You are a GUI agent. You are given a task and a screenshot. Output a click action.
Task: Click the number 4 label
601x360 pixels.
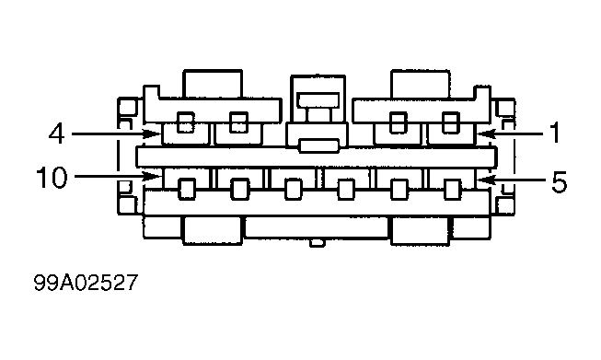[x=56, y=134]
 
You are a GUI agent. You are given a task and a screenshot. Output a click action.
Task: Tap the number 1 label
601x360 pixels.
[x=555, y=133]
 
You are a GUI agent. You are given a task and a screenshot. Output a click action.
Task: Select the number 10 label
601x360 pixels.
[x=52, y=177]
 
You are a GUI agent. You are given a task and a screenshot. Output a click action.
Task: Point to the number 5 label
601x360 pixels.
[x=559, y=181]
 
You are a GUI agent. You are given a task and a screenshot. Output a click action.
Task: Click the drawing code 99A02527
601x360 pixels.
[x=86, y=283]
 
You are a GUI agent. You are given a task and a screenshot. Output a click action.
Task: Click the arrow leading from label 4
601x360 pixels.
[x=117, y=134]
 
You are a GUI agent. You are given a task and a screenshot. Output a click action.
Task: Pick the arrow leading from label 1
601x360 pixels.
[x=509, y=134]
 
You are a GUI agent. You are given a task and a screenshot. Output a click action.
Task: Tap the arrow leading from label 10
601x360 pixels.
[x=118, y=177]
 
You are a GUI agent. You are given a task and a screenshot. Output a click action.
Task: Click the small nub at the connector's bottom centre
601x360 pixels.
[x=318, y=243]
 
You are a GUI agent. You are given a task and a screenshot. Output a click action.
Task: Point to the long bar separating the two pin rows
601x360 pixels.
[x=317, y=157]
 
